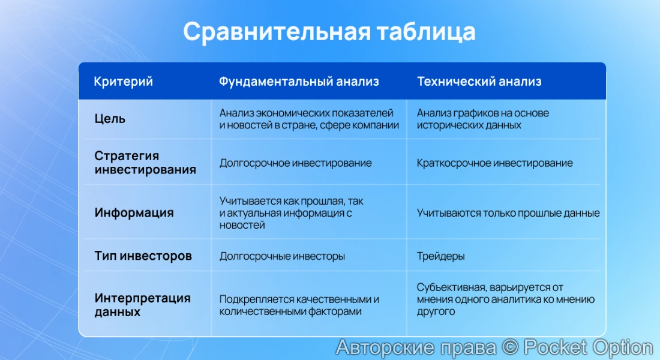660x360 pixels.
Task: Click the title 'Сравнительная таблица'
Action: (x=329, y=32)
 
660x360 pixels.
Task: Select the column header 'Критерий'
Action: (x=123, y=82)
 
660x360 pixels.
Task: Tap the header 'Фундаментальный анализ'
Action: (x=299, y=82)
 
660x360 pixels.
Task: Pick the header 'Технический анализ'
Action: (x=479, y=82)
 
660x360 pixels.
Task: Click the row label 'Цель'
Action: (x=110, y=119)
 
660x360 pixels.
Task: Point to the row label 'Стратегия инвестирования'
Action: (x=145, y=163)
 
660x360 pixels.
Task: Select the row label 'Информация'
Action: (x=134, y=212)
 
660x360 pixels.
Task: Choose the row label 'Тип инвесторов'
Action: (x=143, y=256)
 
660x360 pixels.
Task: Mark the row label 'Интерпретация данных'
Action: (x=142, y=305)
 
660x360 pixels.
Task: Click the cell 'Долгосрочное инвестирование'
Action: (x=295, y=163)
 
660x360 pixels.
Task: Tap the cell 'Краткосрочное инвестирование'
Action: (x=494, y=163)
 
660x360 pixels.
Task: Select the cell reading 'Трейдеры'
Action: (x=440, y=256)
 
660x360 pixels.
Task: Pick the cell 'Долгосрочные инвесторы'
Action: (x=282, y=256)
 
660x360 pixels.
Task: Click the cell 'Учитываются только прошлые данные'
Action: (x=508, y=213)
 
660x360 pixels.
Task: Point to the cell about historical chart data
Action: (x=482, y=119)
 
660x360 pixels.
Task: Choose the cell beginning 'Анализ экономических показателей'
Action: (x=308, y=119)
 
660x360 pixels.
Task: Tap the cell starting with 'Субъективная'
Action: (x=505, y=299)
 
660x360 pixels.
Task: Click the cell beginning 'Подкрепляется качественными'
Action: (x=299, y=305)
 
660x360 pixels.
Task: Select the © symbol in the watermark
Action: (x=510, y=347)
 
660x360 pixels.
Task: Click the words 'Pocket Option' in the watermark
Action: (x=588, y=347)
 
